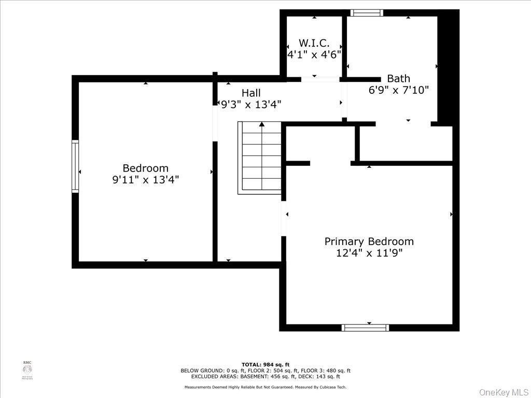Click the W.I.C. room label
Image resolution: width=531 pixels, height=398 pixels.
pyautogui.click(x=314, y=43)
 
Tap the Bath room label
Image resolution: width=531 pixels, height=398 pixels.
pyautogui.click(x=398, y=79)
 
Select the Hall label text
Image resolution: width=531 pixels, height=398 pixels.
pyautogui.click(x=251, y=93)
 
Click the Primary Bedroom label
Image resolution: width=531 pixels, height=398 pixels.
pyautogui.click(x=369, y=241)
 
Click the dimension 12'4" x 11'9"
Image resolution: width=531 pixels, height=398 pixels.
pyautogui.click(x=369, y=253)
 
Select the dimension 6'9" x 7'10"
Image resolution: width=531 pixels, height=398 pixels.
pyautogui.click(x=398, y=90)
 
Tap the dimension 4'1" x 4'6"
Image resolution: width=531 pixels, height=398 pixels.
pyautogui.click(x=314, y=54)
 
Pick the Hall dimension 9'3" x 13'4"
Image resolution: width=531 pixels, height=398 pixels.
pyautogui.click(x=251, y=105)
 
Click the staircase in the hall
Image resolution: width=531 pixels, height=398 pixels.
pyautogui.click(x=260, y=158)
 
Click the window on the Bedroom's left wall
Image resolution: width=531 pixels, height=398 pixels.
pyautogui.click(x=75, y=166)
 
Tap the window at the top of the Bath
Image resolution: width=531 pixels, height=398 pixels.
pyautogui.click(x=367, y=13)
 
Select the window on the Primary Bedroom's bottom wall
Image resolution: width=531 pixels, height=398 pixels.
pyautogui.click(x=365, y=328)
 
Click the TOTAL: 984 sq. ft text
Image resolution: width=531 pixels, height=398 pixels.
pyautogui.click(x=265, y=365)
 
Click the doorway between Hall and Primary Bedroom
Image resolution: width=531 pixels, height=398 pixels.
pyautogui.click(x=284, y=218)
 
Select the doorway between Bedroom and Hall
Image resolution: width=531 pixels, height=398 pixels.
pyautogui.click(x=215, y=123)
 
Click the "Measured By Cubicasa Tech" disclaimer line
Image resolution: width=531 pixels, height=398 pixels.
pyautogui.click(x=265, y=387)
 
